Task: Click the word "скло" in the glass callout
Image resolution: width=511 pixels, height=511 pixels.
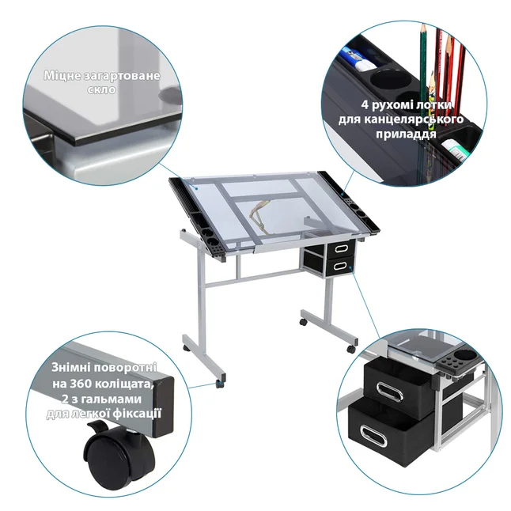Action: click(101, 89)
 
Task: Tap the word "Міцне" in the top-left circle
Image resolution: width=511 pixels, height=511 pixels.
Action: click(62, 76)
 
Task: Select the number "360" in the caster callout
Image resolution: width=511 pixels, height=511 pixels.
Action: click(81, 384)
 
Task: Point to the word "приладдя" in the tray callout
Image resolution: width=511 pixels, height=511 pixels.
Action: click(406, 134)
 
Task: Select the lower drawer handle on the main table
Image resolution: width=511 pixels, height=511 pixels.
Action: click(340, 267)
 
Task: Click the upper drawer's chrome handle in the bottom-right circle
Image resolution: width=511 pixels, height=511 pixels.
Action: click(389, 392)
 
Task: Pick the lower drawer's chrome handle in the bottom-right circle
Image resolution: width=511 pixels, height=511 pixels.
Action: click(373, 436)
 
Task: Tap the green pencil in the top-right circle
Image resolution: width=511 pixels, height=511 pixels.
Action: click(423, 65)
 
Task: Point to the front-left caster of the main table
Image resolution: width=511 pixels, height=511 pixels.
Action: click(221, 382)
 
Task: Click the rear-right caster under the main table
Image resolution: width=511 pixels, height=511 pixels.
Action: click(304, 322)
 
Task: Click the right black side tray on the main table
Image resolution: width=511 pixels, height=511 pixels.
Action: click(348, 200)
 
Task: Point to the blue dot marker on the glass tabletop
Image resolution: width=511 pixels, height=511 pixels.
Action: click(196, 188)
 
